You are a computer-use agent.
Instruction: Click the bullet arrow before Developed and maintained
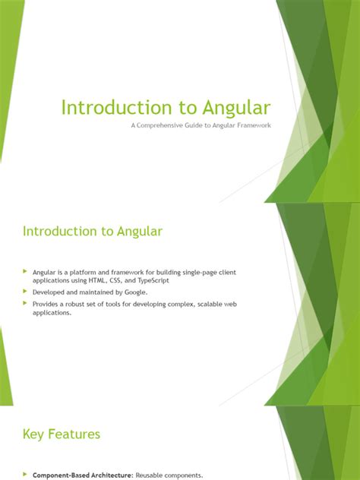[x=24, y=291]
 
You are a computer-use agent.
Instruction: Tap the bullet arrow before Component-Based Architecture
[x=24, y=475]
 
